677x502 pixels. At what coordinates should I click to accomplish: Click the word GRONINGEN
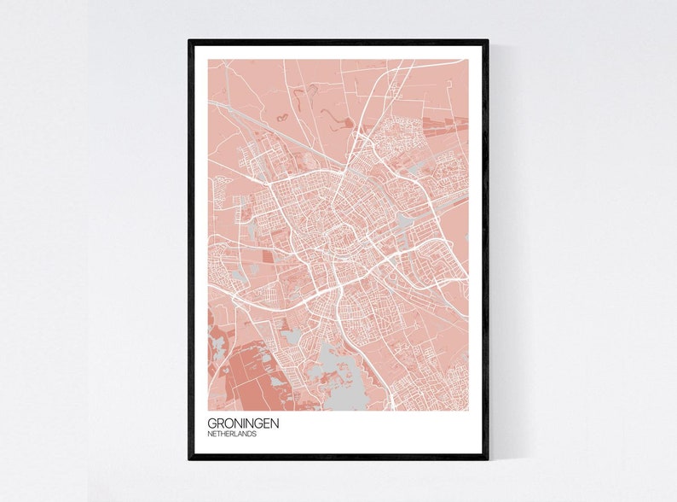pyautogui.click(x=243, y=423)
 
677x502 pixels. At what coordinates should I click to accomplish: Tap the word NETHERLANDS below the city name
pyautogui.click(x=232, y=435)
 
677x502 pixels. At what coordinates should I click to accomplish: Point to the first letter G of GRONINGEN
pyautogui.click(x=212, y=423)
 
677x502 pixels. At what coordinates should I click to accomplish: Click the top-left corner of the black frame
pyautogui.click(x=190, y=41)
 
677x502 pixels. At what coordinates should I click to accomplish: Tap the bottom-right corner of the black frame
pyautogui.click(x=487, y=458)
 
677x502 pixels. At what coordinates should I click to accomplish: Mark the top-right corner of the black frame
pyautogui.click(x=487, y=41)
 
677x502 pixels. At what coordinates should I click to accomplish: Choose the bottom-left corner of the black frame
pyautogui.click(x=190, y=458)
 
